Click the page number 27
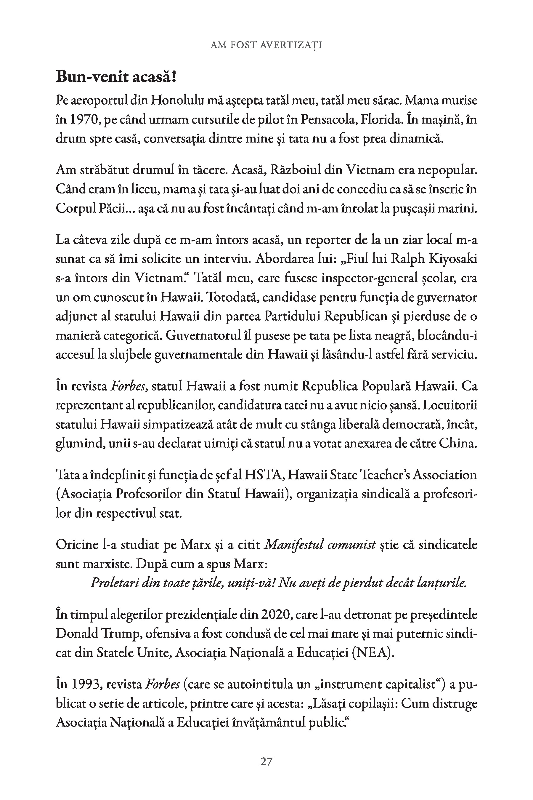[266, 761]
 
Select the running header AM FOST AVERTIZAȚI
[266, 44]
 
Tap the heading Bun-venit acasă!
[116, 77]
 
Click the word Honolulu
[177, 101]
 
